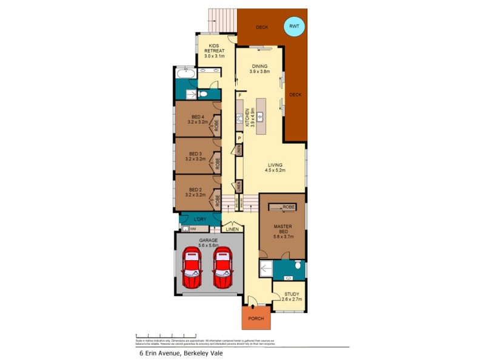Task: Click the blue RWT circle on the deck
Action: coord(295,27)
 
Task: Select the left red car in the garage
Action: coord(193,269)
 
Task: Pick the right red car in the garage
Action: coord(222,269)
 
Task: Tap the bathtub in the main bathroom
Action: coord(184,75)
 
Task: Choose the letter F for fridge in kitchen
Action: coord(240,96)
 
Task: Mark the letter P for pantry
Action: coord(240,138)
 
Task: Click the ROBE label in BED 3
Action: coord(218,163)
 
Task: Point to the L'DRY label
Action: coord(201,219)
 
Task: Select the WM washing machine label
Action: coord(193,229)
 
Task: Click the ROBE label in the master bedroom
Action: coord(287,207)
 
